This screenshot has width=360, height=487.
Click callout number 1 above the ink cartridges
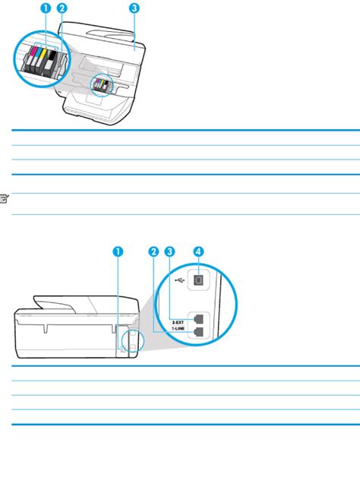[46, 9]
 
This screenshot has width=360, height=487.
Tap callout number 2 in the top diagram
[62, 9]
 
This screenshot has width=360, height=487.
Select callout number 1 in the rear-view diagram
[118, 251]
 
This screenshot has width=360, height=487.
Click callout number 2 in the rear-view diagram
[153, 251]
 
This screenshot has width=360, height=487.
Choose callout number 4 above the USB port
[198, 251]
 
